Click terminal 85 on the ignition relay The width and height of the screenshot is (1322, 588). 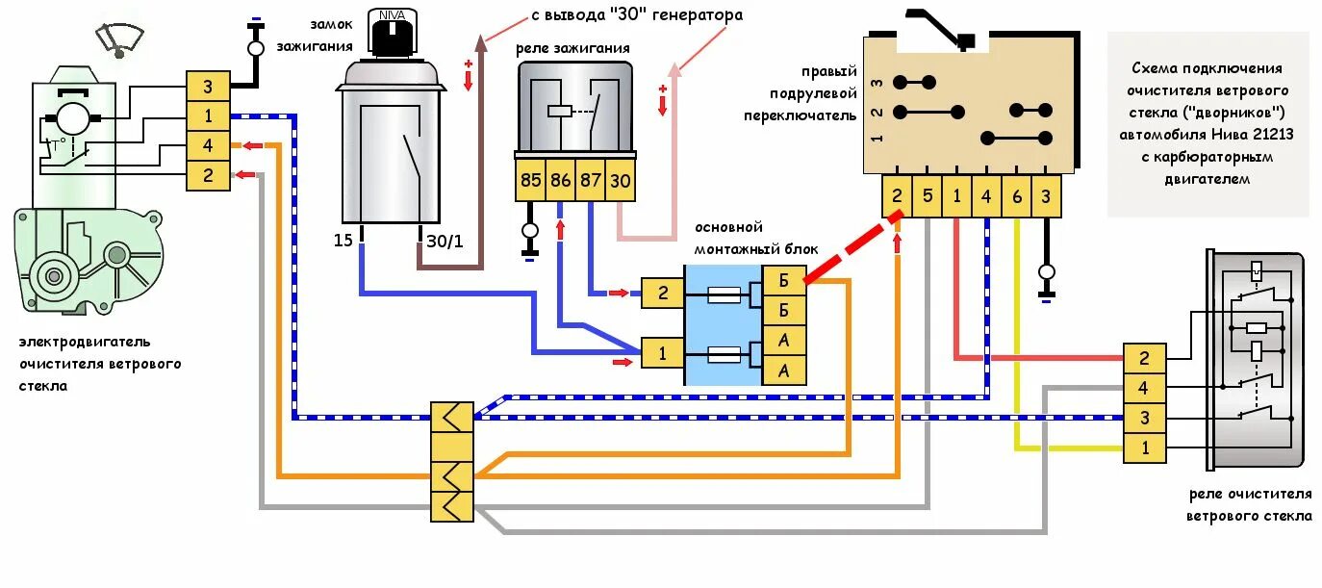pos(530,180)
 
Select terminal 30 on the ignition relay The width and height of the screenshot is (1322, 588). pos(621,180)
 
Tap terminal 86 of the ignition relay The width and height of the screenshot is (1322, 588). pos(560,180)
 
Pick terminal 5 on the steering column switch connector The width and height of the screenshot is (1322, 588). pos(927,196)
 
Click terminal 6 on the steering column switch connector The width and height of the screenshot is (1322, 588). pos(1016,196)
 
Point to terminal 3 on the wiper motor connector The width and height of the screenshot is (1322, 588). pos(208,87)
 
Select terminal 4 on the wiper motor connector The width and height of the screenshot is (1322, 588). pos(208,146)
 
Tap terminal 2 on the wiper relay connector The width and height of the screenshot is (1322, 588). pos(1144,359)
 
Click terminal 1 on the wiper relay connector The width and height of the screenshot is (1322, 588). pos(1144,447)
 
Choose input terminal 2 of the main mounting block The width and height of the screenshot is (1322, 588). pos(662,293)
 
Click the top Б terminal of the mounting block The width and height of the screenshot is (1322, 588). pos(784,280)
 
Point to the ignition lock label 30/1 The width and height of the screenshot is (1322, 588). pos(445,241)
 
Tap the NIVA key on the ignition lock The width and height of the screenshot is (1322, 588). pos(392,35)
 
